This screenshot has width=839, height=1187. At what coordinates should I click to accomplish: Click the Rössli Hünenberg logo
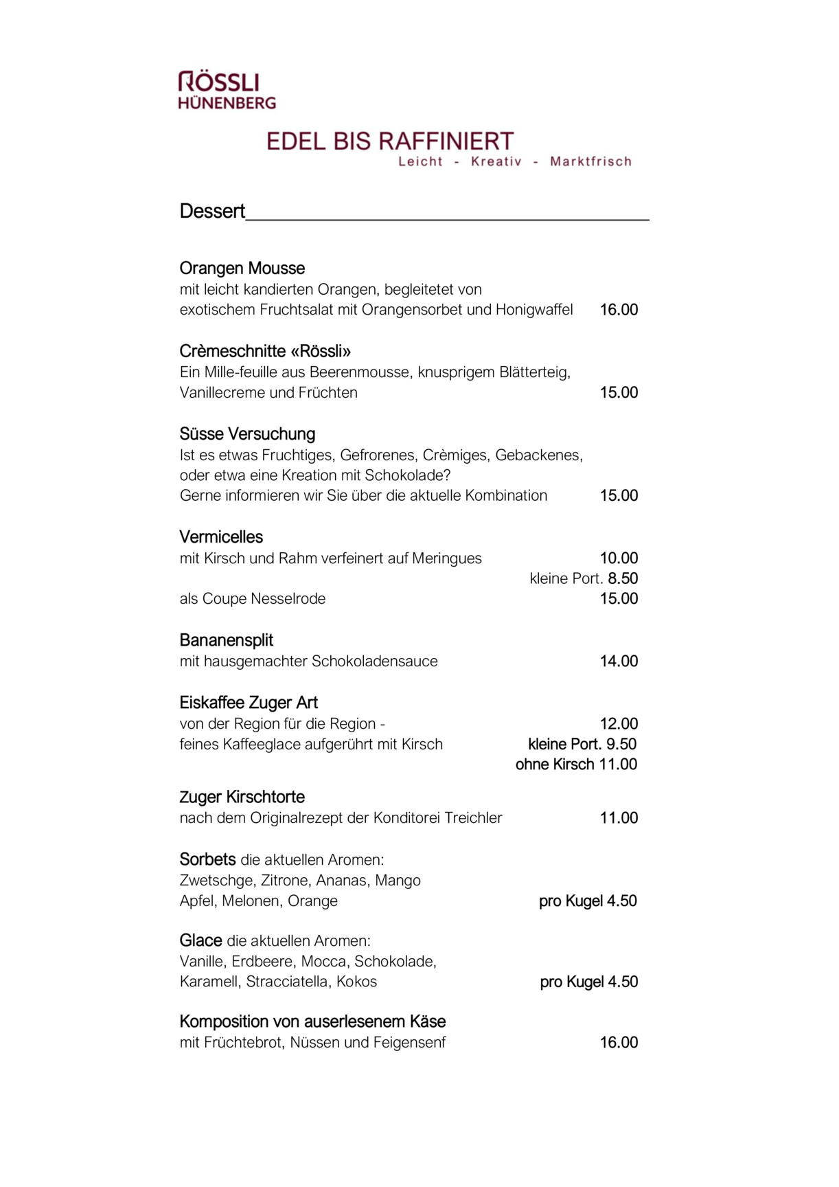(227, 90)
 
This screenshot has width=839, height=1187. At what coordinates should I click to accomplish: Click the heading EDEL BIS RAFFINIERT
(389, 142)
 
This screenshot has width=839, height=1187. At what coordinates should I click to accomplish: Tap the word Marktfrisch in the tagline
(590, 161)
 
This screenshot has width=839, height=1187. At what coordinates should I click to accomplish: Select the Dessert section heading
(212, 211)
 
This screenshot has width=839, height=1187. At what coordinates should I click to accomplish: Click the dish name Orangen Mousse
(242, 268)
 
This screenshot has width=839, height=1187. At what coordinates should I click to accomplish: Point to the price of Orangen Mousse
(619, 310)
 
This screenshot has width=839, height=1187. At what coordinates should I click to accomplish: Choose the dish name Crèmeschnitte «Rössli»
(265, 351)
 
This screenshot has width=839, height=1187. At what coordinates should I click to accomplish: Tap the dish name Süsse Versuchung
(247, 434)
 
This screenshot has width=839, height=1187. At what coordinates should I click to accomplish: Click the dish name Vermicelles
(221, 537)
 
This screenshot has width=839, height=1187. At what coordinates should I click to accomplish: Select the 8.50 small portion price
(623, 578)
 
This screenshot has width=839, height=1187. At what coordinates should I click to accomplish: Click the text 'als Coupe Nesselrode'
(253, 599)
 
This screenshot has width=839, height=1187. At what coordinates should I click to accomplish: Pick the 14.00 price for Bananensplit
(619, 662)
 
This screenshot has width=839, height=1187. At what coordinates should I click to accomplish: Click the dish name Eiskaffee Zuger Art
(249, 703)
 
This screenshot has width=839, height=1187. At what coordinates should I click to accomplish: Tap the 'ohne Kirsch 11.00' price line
(576, 765)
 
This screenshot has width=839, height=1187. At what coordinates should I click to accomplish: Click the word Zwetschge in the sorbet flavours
(216, 881)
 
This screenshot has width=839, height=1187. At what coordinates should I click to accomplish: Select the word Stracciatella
(287, 982)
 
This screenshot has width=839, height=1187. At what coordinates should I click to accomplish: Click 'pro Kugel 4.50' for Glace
(588, 982)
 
